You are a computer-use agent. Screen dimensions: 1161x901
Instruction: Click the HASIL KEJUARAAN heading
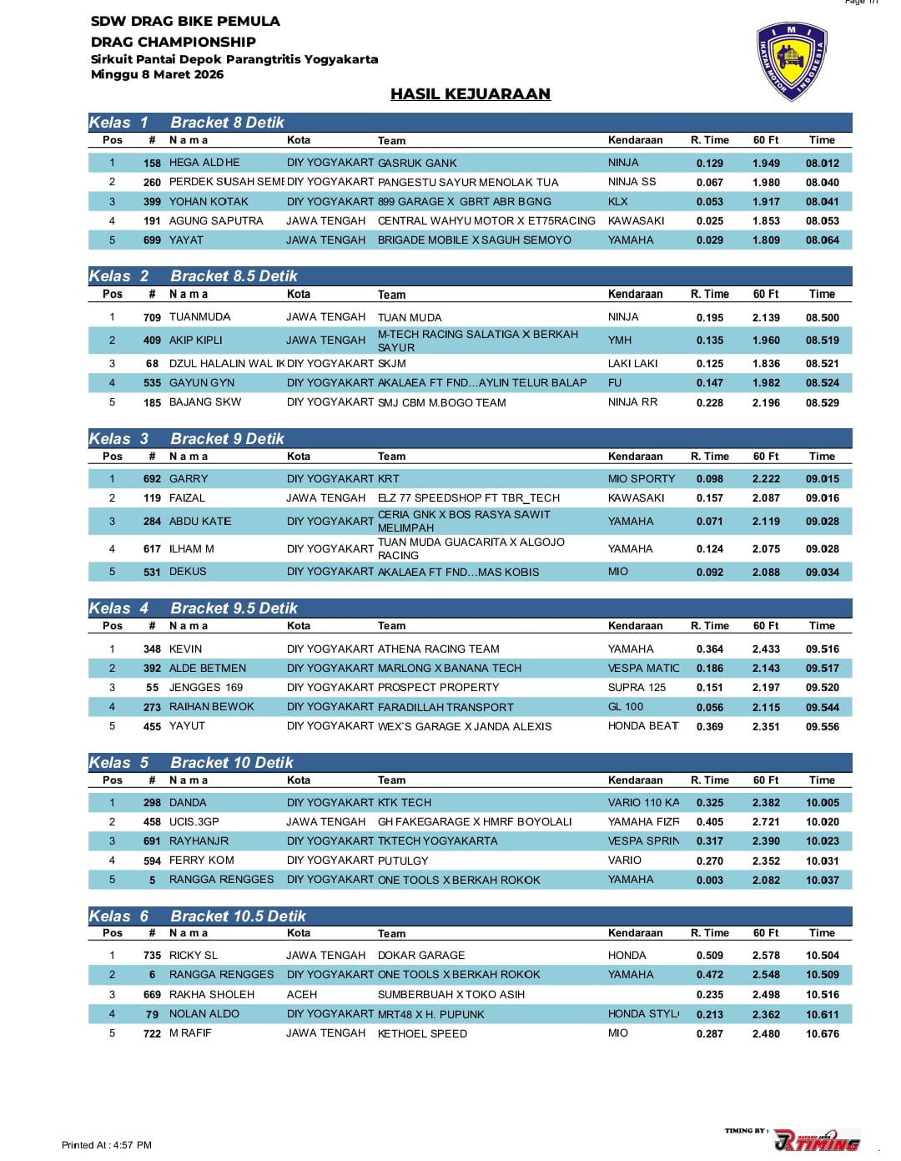coord(470,94)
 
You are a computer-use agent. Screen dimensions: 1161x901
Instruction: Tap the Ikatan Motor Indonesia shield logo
coord(791,63)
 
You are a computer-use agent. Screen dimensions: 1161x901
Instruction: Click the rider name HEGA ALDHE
coord(204,163)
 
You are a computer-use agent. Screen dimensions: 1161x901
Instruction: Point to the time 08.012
coord(822,163)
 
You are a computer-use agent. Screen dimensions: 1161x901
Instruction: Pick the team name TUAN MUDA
coord(410,317)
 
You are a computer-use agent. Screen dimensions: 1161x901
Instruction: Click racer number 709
coord(152,317)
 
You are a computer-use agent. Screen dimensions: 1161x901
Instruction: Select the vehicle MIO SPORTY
coord(641,478)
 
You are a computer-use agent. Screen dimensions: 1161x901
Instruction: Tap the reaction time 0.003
coord(709,880)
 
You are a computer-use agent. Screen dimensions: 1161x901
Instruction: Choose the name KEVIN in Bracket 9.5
coord(185,649)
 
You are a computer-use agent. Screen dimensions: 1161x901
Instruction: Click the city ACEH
coord(301,994)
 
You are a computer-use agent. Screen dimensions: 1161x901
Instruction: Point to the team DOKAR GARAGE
coord(421,955)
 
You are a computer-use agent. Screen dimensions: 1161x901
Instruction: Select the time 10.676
coord(822,1033)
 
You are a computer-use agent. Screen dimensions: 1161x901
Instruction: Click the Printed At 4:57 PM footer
coord(107,1145)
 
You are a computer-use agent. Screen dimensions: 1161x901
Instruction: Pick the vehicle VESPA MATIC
coord(643,668)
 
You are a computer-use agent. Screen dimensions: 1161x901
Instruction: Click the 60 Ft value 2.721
coord(766,821)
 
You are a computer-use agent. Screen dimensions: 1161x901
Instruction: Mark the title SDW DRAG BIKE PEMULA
coord(185,21)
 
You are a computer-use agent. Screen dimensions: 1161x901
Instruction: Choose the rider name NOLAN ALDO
coord(204,1013)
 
